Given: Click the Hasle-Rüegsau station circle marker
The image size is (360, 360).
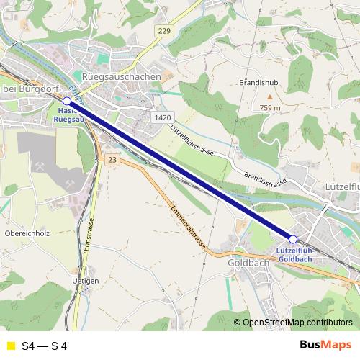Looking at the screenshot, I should coord(67,102).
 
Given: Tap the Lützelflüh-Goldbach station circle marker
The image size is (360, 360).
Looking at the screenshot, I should coord(293,239).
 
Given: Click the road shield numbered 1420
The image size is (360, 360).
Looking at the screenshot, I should coord(162,117).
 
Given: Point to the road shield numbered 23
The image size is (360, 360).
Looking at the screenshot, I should coord(111,159).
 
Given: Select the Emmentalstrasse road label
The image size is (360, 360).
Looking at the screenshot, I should coord(189,228).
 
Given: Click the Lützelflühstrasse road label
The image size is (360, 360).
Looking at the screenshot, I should coord(193,140).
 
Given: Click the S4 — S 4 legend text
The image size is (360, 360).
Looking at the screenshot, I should coord(45,346).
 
